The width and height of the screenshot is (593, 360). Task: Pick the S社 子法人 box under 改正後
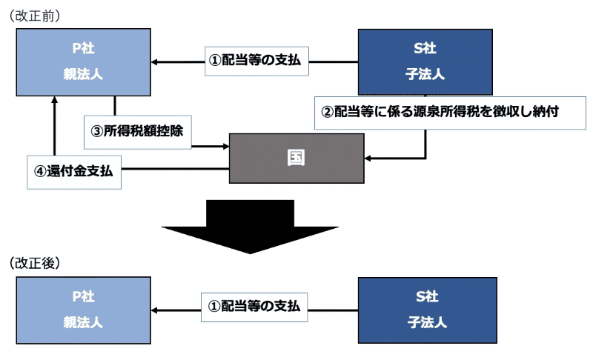click(425, 310)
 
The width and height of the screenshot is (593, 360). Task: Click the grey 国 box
click(296, 158)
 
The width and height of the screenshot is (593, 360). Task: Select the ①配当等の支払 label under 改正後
click(254, 307)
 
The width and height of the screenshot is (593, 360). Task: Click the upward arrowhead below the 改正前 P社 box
click(55, 101)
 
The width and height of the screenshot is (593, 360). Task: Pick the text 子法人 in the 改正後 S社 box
click(425, 323)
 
